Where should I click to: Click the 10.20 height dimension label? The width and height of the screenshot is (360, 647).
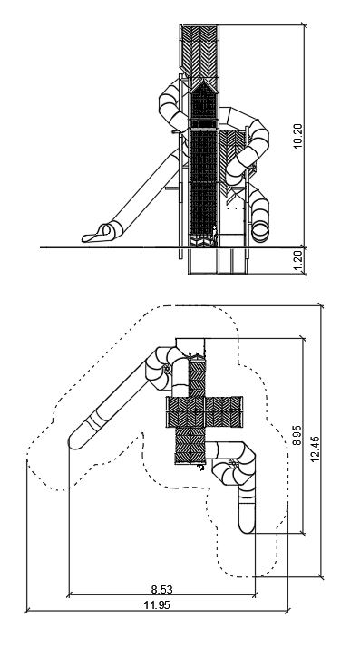(x=298, y=136)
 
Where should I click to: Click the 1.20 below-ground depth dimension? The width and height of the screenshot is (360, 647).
(x=298, y=261)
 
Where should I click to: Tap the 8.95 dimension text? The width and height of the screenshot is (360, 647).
(x=297, y=436)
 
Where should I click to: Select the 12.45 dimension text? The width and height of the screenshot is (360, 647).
(x=315, y=449)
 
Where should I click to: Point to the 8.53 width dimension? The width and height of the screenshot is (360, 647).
(x=161, y=589)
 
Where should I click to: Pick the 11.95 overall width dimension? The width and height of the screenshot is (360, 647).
(x=157, y=605)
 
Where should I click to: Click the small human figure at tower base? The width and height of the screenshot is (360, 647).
(x=214, y=237)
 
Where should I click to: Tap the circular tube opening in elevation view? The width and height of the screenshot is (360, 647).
(x=260, y=231)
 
